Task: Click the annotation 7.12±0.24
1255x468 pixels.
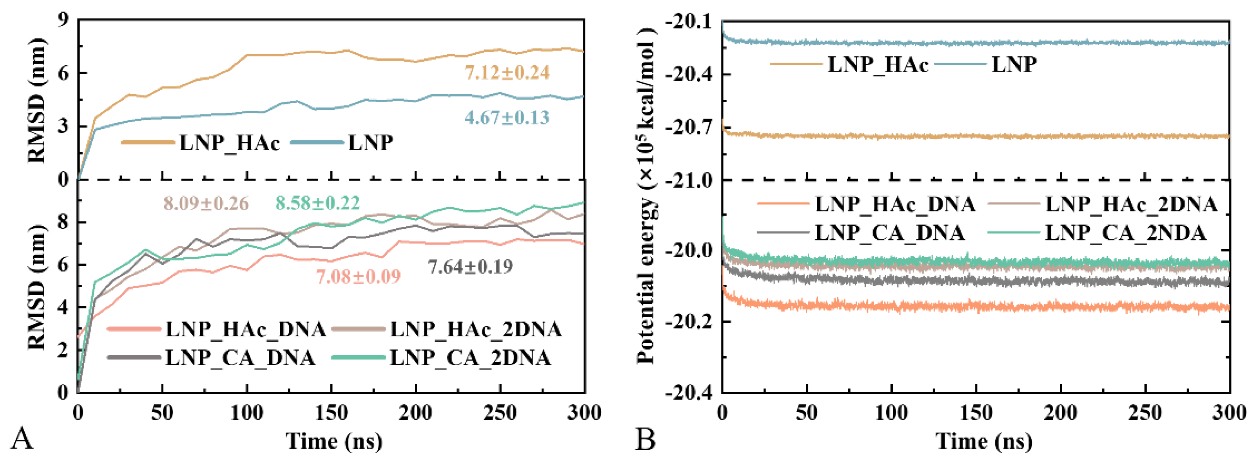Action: pyautogui.click(x=506, y=73)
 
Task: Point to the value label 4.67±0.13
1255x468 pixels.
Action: pyautogui.click(x=506, y=117)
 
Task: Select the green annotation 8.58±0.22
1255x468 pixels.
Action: pyautogui.click(x=318, y=203)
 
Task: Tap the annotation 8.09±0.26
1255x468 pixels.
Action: pyautogui.click(x=206, y=203)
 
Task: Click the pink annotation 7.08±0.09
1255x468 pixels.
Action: pyautogui.click(x=358, y=277)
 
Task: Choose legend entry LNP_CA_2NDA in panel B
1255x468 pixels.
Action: pyautogui.click(x=1125, y=233)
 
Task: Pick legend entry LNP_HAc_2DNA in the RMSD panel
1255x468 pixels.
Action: pyautogui.click(x=476, y=330)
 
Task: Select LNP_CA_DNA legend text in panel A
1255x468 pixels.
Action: pyautogui.click(x=240, y=358)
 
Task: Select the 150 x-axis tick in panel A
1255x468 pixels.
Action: pyautogui.click(x=331, y=413)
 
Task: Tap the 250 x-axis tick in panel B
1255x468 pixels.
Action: pyautogui.click(x=1145, y=413)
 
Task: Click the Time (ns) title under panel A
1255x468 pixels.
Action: pyautogui.click(x=334, y=441)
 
